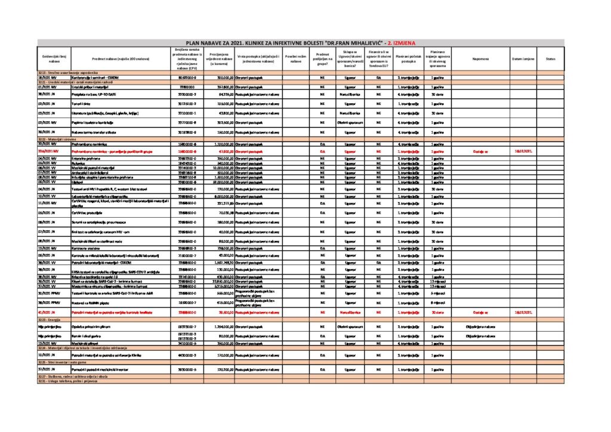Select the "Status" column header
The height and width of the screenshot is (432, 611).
point(550,59)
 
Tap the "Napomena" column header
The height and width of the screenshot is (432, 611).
point(480,59)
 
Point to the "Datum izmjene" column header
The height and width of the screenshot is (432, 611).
point(523,59)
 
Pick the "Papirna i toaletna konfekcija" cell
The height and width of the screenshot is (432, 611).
point(95,122)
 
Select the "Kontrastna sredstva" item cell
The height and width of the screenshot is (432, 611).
point(87,248)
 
